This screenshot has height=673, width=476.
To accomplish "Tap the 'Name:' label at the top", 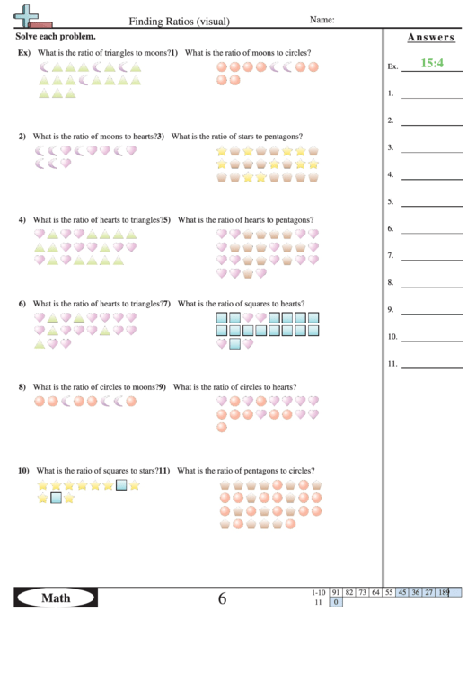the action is (x=322, y=20).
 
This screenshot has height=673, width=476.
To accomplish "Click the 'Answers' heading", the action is (x=430, y=38).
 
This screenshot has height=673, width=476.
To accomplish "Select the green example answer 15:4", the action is (x=432, y=64).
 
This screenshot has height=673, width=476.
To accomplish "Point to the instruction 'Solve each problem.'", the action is (x=56, y=37).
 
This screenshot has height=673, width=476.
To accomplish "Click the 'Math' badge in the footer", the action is (x=56, y=598).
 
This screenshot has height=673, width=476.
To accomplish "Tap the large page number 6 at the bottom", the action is (x=222, y=598).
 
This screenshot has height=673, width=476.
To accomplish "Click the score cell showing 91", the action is (x=335, y=592).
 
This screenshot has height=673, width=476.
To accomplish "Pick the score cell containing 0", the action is (x=336, y=602).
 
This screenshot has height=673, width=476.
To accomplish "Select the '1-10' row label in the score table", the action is (x=318, y=592).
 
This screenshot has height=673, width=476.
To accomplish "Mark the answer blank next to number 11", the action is (x=431, y=366).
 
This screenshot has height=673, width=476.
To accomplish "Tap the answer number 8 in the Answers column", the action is (x=391, y=283).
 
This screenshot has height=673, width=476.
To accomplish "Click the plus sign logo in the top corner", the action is (x=29, y=15).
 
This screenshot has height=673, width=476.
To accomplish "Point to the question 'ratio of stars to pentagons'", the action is (x=236, y=137).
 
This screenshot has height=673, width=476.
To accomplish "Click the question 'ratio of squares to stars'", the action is (x=99, y=470).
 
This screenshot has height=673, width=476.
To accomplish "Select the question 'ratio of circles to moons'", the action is (x=95, y=387).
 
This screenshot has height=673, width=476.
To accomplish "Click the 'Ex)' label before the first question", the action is (x=24, y=53).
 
